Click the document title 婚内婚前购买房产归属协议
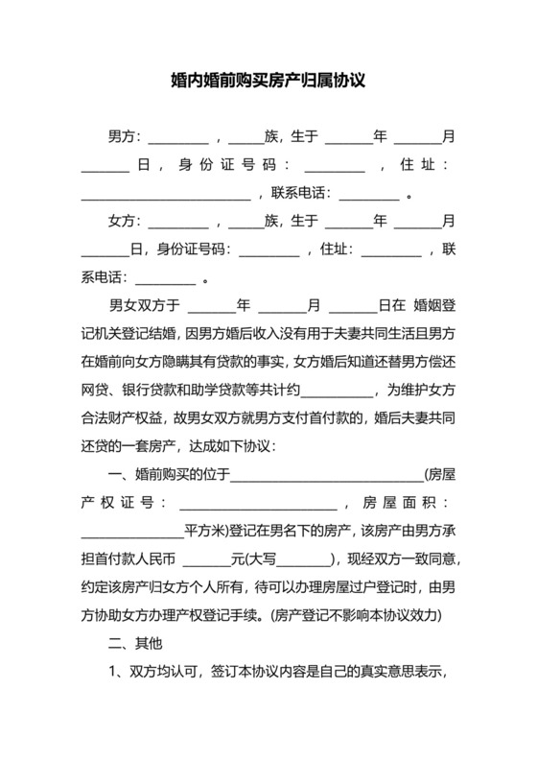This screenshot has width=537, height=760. point(268,82)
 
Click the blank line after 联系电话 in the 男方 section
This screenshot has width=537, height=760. point(369,194)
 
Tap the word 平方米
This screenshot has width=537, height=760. point(204,531)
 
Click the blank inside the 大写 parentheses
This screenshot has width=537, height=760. point(306,559)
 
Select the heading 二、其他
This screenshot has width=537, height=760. point(139,642)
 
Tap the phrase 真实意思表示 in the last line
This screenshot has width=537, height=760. point(404,670)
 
